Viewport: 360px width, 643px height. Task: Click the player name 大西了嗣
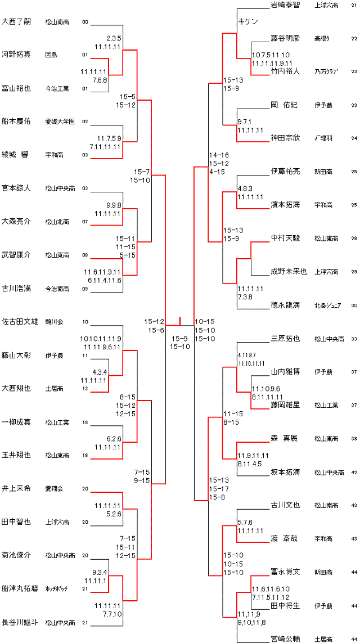16,22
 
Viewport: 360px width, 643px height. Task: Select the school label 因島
51,55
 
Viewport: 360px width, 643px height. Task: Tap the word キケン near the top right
248,21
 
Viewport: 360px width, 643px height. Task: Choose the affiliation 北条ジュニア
328,306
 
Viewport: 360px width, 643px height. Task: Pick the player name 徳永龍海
285,305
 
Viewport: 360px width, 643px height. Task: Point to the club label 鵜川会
54,322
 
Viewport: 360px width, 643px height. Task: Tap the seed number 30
354,306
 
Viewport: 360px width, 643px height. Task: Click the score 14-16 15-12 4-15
219,163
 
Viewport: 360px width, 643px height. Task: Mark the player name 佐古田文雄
20,322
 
